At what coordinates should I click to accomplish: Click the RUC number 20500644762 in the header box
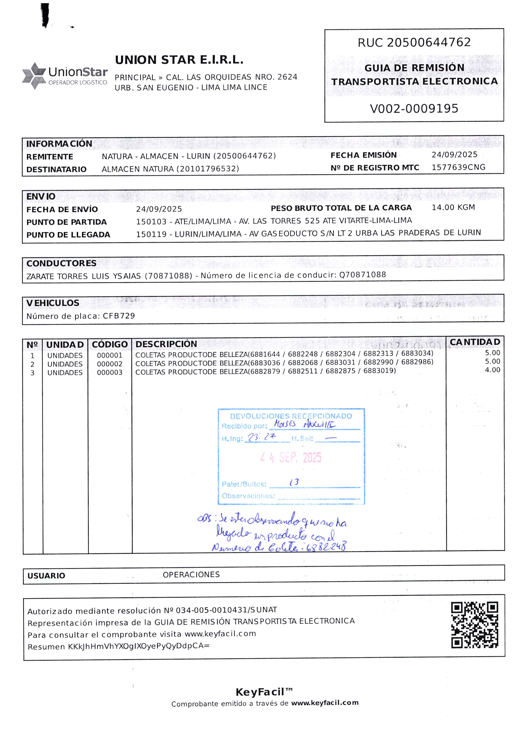(x=429, y=42)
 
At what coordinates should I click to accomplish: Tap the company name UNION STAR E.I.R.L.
(x=179, y=60)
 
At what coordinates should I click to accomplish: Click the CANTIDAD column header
(x=475, y=342)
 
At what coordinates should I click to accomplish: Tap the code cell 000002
(x=110, y=364)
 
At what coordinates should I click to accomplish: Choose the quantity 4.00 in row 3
(x=492, y=370)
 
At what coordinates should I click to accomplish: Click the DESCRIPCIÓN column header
(x=166, y=344)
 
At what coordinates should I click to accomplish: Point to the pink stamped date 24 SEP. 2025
(x=291, y=458)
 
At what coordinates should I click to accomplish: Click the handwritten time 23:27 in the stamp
(x=262, y=437)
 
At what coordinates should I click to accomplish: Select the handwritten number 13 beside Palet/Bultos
(x=294, y=482)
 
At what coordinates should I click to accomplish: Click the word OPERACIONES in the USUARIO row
(x=191, y=574)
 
